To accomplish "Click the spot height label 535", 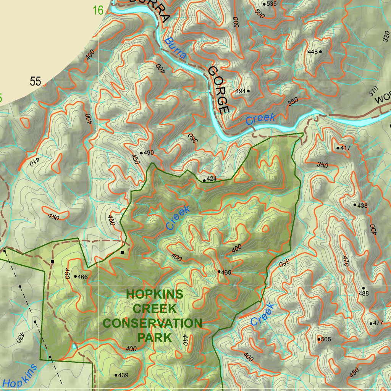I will (271, 4).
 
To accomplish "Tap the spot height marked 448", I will (313, 52).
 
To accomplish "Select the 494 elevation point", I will (241, 91).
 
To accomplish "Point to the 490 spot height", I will (149, 153).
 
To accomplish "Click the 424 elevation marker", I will (211, 179).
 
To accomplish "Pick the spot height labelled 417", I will (345, 148).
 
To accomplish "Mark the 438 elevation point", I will (362, 205).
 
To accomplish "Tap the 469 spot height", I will (226, 272).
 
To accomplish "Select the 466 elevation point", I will (82, 277).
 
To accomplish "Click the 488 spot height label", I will (364, 294).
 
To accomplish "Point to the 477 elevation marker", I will (378, 323).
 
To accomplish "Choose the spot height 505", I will (326, 339).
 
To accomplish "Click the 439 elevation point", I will (123, 375).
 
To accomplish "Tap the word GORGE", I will (219, 90).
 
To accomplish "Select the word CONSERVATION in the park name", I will (152, 323).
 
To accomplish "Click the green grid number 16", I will (98, 10).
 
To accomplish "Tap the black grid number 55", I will (36, 81).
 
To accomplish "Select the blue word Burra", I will (176, 48).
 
